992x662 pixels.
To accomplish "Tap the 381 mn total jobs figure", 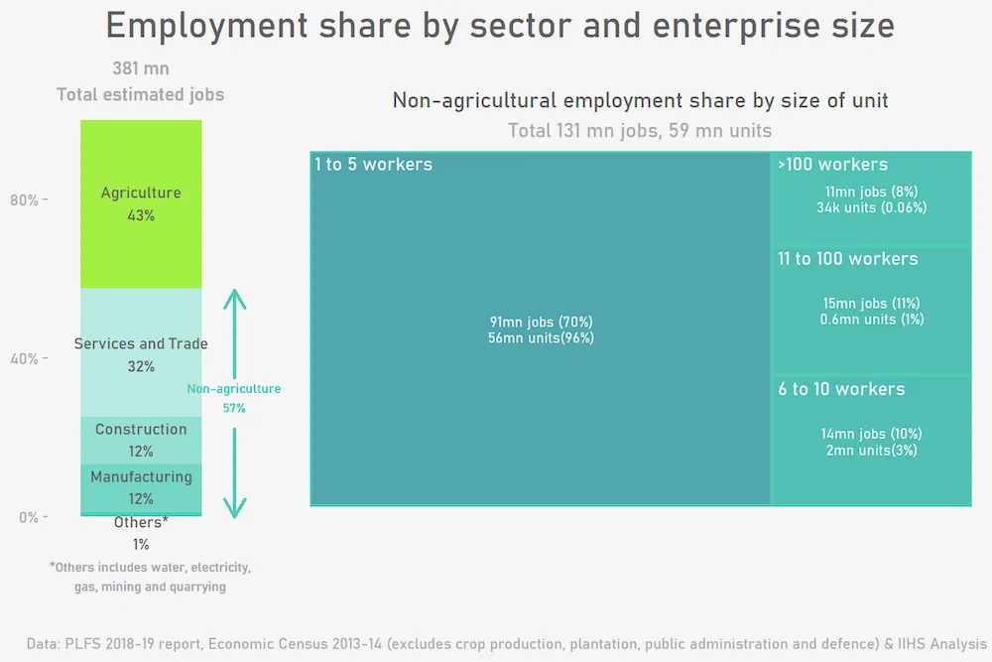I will [x=140, y=69].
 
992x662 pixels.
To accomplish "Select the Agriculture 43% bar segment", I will [x=141, y=203].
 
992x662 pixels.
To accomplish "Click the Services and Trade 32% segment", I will [x=141, y=353].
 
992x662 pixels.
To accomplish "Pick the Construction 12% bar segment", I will [x=141, y=440].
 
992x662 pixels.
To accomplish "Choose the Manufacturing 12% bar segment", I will [x=141, y=487].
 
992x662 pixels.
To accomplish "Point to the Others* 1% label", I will [x=141, y=533].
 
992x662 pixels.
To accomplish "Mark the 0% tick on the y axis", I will [x=28, y=517].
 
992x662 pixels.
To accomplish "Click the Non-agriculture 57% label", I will [x=234, y=398].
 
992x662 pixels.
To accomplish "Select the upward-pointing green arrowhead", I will [x=234, y=297].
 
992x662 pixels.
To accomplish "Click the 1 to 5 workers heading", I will [x=373, y=165].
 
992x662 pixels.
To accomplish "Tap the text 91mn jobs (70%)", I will [x=541, y=322].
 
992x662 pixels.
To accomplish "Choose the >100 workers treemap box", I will [x=871, y=198].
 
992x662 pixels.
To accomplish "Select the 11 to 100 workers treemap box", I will [x=871, y=309].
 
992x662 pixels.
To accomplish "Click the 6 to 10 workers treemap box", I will [x=871, y=440].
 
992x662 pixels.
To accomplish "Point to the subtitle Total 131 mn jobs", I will [x=640, y=130].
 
